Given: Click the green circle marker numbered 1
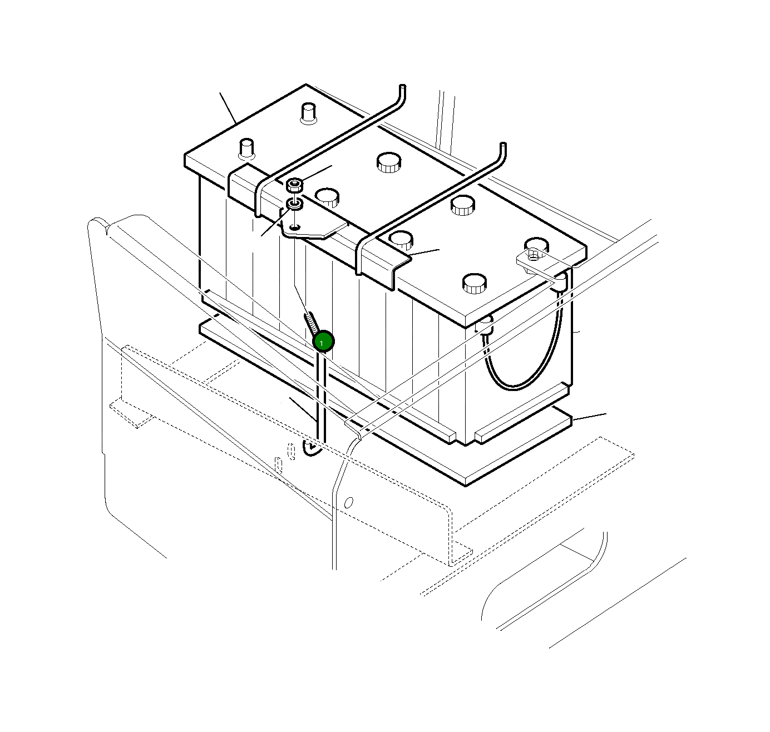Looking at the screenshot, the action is (x=323, y=342).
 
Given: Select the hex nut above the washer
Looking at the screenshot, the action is (x=294, y=184).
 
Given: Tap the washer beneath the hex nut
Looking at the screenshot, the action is (x=294, y=204).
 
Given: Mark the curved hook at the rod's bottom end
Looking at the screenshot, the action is (x=313, y=451).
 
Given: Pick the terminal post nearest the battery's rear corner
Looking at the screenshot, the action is (x=308, y=113).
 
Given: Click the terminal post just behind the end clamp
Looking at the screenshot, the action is (x=246, y=149).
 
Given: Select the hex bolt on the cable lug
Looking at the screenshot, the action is (x=534, y=255).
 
